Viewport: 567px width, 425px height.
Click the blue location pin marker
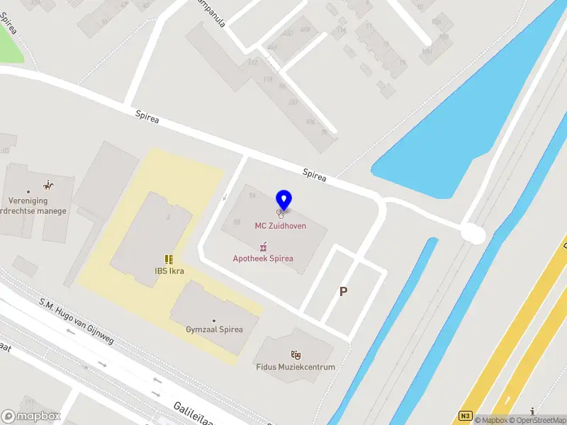283,200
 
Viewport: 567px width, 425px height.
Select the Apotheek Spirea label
263,258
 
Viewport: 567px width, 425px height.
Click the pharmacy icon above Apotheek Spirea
264,246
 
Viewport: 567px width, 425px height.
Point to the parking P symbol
344,291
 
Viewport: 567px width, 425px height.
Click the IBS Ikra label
169,271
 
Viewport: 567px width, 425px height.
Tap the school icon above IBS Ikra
169,259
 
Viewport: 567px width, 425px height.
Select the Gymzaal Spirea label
214,329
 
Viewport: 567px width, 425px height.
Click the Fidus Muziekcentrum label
296,367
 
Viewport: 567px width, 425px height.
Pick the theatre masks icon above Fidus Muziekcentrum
296,354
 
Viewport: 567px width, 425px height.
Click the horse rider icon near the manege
48,186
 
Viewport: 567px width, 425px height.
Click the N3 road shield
465,416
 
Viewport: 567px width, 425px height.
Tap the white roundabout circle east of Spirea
473,234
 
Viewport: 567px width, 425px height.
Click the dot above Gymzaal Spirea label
214,320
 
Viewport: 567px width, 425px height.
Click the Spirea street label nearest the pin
314,175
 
